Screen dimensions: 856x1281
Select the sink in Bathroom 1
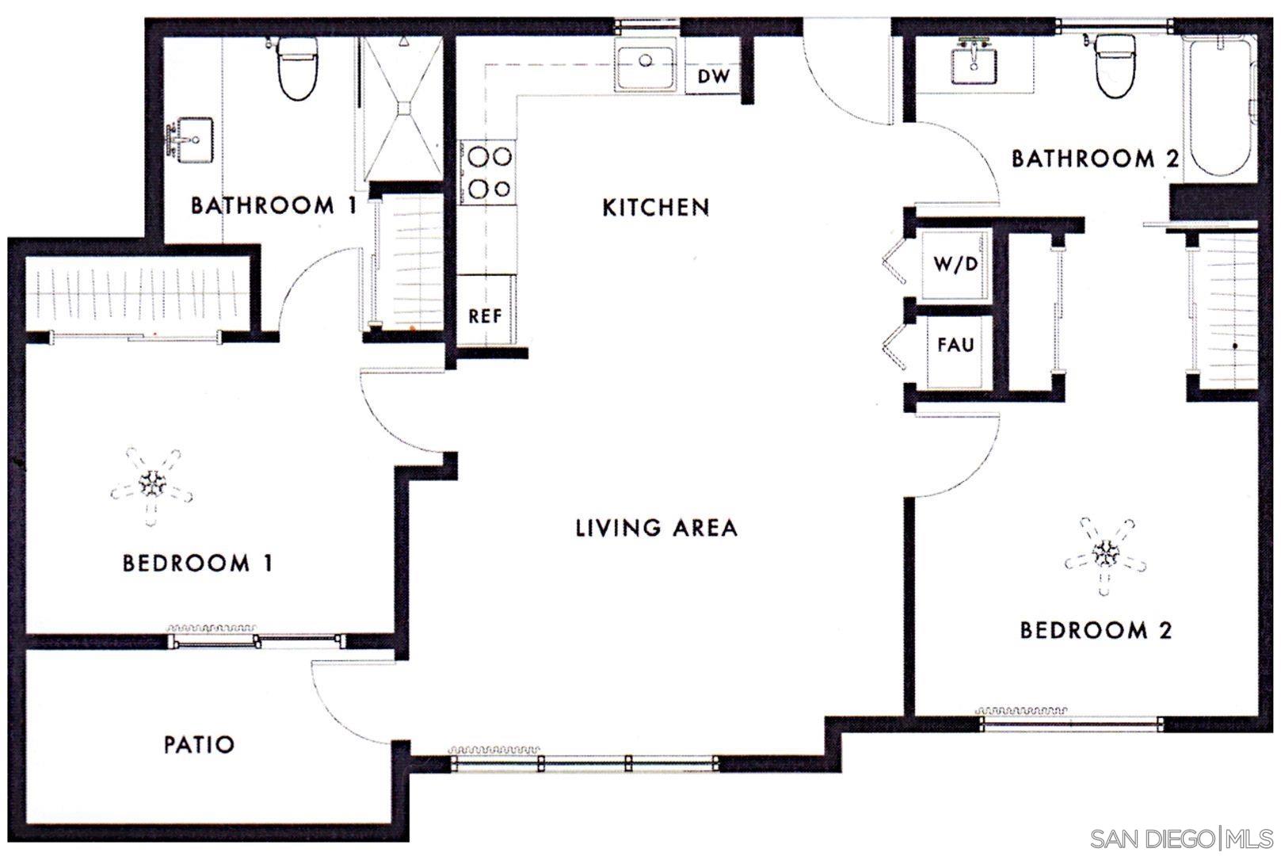pyautogui.click(x=190, y=141)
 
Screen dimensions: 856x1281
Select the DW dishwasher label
pyautogui.click(x=712, y=77)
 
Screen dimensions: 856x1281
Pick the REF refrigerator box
pyautogui.click(x=486, y=315)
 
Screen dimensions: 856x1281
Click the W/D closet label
pyautogui.click(x=955, y=264)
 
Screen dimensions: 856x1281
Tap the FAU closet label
pyautogui.click(x=955, y=346)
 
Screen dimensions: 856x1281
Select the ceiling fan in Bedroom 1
pyautogui.click(x=151, y=483)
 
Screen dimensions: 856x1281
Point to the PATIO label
pyautogui.click(x=199, y=745)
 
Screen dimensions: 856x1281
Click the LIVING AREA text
pyautogui.click(x=656, y=528)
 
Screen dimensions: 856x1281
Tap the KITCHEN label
pyautogui.click(x=655, y=208)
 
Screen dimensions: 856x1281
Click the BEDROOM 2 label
pyautogui.click(x=1095, y=631)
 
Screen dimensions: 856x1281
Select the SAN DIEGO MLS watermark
pyautogui.click(x=1181, y=839)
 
